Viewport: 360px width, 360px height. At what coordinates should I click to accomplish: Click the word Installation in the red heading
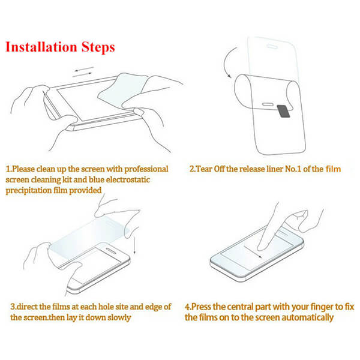coord(41,47)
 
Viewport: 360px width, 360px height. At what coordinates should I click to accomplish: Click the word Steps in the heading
coord(98,48)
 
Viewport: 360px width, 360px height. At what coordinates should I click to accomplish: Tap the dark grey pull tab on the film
coord(284,111)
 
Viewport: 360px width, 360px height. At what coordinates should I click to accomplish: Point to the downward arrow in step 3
coord(134,245)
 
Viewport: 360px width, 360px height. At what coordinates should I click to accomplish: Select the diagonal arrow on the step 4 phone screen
coord(253,252)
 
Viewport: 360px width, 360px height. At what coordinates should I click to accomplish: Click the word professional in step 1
coord(146,169)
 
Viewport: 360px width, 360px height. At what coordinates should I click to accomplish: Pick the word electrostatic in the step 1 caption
coord(128,180)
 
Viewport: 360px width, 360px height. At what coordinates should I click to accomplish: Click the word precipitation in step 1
coord(29,191)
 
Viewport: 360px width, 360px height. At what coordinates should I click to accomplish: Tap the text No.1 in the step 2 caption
coord(293,169)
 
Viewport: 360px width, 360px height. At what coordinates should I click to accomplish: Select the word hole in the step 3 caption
coord(106,307)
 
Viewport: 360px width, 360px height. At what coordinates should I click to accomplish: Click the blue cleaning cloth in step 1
coord(122,89)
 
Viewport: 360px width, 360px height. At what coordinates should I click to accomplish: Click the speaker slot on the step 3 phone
coord(111,251)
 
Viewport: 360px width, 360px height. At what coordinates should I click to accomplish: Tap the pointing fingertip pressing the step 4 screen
coord(262,247)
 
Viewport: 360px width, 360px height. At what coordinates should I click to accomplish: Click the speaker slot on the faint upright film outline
coord(272,47)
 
